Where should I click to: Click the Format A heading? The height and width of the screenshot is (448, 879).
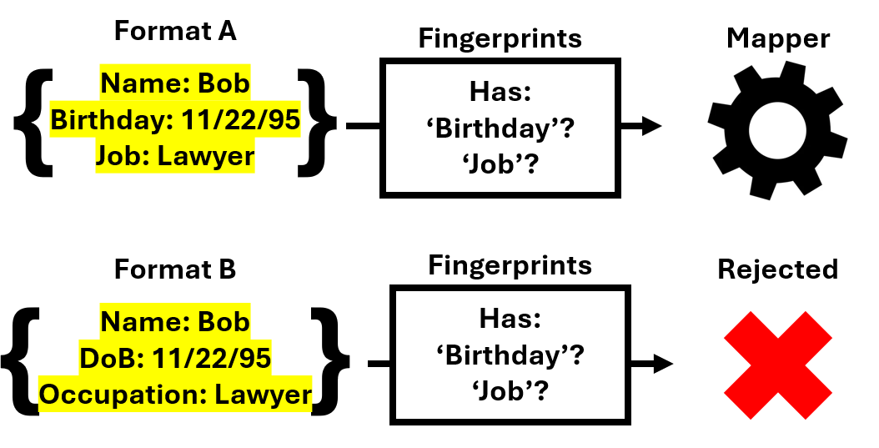pos(175,31)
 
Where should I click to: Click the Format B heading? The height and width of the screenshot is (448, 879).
pos(175,270)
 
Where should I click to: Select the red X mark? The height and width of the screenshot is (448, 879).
pos(777,365)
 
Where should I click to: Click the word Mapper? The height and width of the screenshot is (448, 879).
pos(778,38)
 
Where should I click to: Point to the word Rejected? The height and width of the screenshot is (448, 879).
pos(777,269)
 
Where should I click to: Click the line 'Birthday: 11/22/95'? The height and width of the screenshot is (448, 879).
pos(175,119)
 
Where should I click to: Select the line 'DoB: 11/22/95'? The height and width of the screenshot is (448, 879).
pos(175,358)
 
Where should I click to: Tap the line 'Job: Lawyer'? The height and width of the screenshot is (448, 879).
pos(175,156)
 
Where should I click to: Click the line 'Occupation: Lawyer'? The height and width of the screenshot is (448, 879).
pos(175,395)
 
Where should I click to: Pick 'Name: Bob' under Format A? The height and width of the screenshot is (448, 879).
pos(175,83)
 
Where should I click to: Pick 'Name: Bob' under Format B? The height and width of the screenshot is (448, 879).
pos(175,322)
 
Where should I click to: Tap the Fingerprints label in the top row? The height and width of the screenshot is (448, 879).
pos(500,38)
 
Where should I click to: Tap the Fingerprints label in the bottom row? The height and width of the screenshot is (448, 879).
pos(510,266)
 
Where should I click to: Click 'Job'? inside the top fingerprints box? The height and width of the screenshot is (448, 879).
pos(500,164)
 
